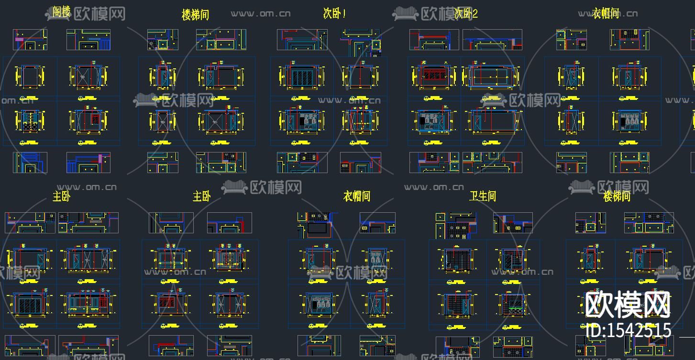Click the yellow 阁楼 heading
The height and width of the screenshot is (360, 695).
62,12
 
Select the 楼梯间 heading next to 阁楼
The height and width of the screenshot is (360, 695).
195,15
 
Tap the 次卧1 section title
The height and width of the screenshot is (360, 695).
334,13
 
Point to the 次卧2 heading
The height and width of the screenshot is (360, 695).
466,13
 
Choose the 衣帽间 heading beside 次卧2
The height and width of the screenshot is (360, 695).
606,13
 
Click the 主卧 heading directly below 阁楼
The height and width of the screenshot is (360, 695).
62,196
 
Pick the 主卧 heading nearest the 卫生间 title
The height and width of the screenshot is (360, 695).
202,196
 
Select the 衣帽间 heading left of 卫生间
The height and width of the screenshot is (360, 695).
357,196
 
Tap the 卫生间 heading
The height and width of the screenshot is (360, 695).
483,196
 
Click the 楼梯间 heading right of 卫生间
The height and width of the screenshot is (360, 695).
617,196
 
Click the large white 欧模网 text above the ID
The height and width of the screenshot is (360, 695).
628,305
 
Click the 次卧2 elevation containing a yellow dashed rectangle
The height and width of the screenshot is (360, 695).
493,76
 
